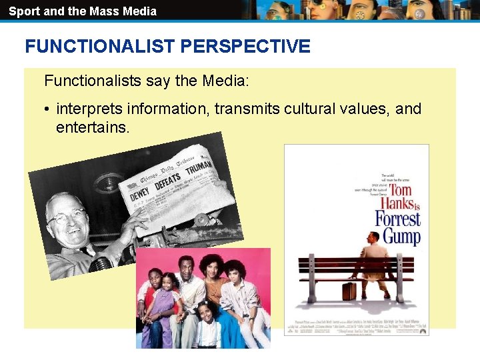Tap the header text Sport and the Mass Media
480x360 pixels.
click(83, 11)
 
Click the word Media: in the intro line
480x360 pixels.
click(224, 81)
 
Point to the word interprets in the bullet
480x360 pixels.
click(89, 109)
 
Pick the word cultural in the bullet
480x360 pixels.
click(306, 109)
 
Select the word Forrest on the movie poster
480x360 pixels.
click(397, 219)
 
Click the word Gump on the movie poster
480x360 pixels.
click(401, 236)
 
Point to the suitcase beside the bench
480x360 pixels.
click(349, 291)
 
